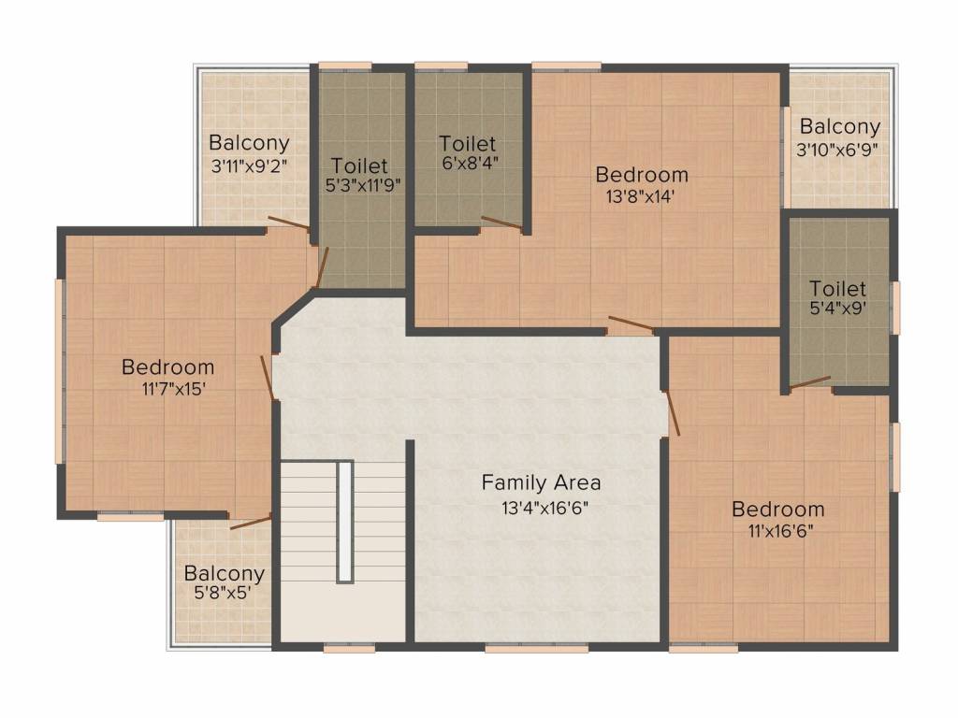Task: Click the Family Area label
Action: pos(541,483)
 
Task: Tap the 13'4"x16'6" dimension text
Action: pos(544,508)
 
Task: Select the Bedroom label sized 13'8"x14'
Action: pos(642,175)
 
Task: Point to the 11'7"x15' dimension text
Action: pos(173,389)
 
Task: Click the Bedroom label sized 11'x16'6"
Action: pos(777,510)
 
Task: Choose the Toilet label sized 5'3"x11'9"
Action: pos(359,165)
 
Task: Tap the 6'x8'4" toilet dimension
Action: pos(470,163)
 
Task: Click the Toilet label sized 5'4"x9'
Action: pos(837,288)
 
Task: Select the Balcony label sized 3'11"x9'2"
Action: pos(249,143)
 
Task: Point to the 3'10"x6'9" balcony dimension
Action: pos(837,150)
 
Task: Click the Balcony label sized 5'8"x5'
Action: pos(224,574)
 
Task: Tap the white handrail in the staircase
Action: pos(345,522)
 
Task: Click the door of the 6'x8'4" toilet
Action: pos(501,223)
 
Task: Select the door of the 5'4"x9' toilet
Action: pos(810,382)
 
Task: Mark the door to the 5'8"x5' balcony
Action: pos(251,523)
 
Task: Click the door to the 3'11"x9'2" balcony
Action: pos(289,223)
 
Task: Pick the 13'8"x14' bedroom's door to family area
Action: pos(631,324)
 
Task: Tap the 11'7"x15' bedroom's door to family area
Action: pos(267,378)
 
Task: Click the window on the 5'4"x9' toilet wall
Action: pos(895,309)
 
